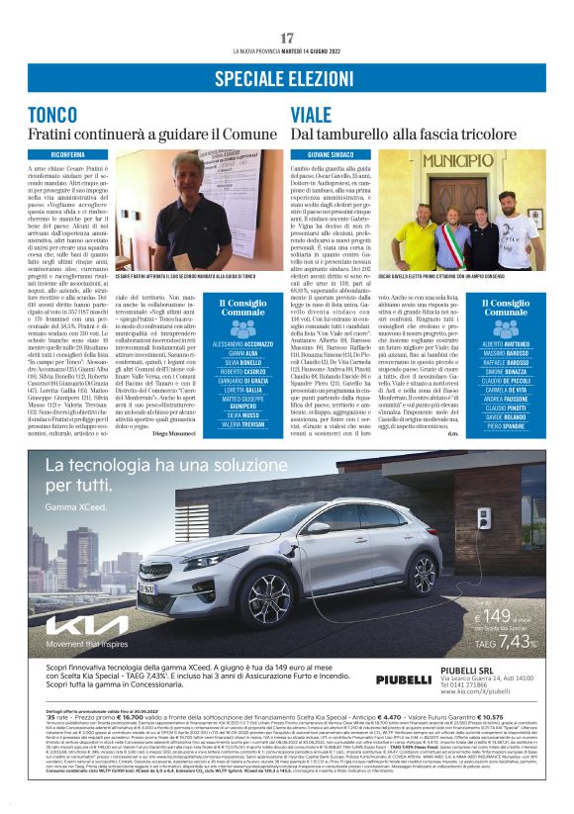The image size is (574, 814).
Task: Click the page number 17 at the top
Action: click(287, 38)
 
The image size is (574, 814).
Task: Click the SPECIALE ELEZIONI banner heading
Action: click(287, 76)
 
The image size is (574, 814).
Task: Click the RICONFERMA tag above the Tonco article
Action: click(68, 154)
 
